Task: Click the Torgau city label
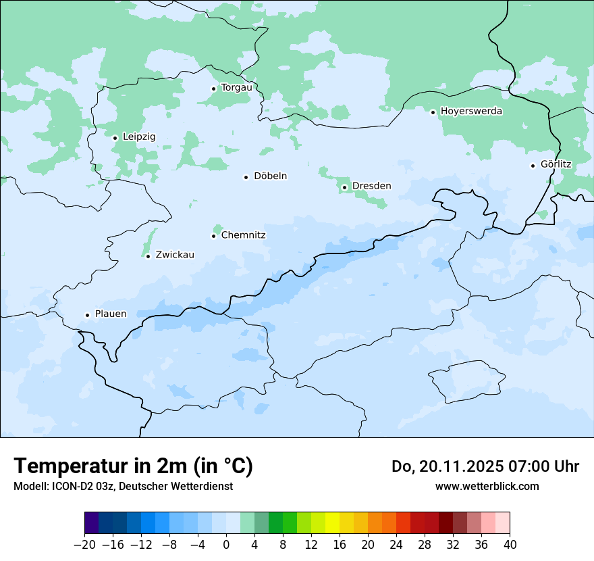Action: point(236,87)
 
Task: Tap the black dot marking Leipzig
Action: point(115,138)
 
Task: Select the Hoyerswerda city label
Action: point(471,111)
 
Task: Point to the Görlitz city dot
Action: point(533,165)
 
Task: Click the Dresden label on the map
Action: point(371,186)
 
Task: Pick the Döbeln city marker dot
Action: point(246,177)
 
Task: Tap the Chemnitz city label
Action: point(243,235)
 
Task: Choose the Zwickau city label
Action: point(175,255)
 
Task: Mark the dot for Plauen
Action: point(87,315)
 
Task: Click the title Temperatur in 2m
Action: point(133,466)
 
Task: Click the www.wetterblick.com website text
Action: point(487,486)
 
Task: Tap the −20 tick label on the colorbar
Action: point(84,545)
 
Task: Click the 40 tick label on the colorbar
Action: point(510,545)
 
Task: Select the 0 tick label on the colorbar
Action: point(226,545)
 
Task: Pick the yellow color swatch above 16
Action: point(333,523)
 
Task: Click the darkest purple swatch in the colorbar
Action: point(91,523)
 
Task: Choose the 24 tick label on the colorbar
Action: point(396,545)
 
